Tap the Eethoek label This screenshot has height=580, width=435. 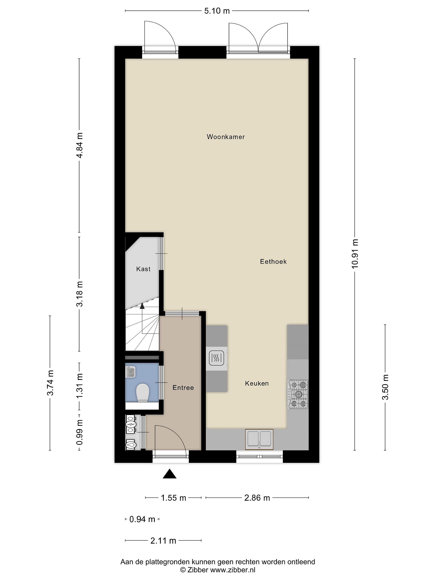coord(273,261)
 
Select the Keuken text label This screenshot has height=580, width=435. coord(257,383)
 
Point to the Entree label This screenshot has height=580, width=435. coord(183,387)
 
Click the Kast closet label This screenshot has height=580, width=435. coord(143,269)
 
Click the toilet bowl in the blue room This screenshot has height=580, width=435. coord(142,393)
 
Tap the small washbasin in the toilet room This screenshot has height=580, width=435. coord(130,372)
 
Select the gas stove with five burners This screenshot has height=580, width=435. coord(298,394)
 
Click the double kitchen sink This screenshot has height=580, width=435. coord(259,439)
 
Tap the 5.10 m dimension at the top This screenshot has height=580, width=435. coord(217,11)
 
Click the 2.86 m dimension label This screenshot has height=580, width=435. coord(257,498)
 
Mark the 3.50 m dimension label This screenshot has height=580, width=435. coord(385,387)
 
